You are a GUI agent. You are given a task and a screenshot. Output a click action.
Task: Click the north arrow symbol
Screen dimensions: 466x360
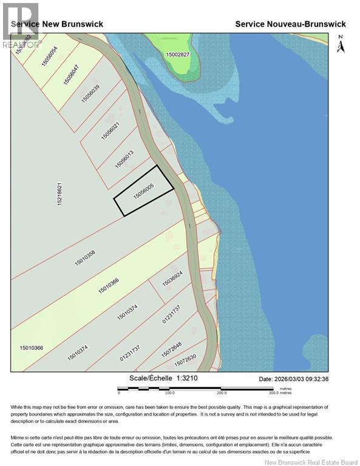click(340, 45)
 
